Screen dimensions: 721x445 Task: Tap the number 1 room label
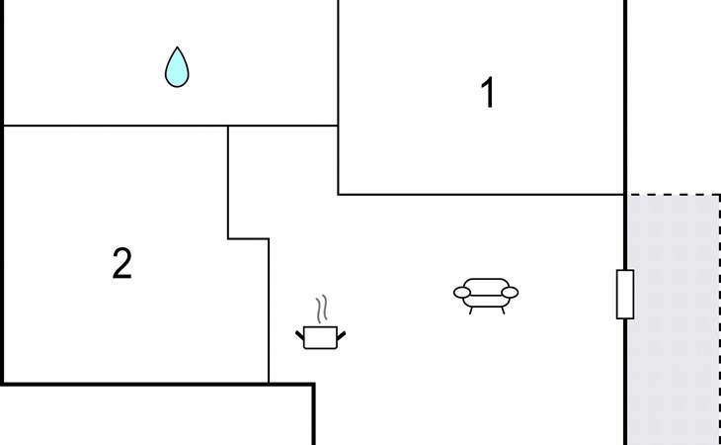487,93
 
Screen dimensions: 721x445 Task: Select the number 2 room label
121,263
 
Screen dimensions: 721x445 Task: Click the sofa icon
486,296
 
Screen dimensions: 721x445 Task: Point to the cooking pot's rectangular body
320,338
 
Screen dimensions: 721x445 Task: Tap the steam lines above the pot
321,309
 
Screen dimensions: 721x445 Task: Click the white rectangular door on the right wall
625,294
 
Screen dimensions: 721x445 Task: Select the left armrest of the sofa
462,293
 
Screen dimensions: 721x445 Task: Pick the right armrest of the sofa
510,293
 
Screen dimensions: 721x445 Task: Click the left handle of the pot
300,335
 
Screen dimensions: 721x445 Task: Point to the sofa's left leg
471,311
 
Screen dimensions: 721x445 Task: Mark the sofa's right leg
503,311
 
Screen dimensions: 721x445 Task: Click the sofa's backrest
486,284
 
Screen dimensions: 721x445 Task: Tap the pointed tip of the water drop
177,46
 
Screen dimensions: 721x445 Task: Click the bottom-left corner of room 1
339,195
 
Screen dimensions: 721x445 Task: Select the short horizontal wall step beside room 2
248,238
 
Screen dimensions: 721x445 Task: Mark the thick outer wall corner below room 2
314,385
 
